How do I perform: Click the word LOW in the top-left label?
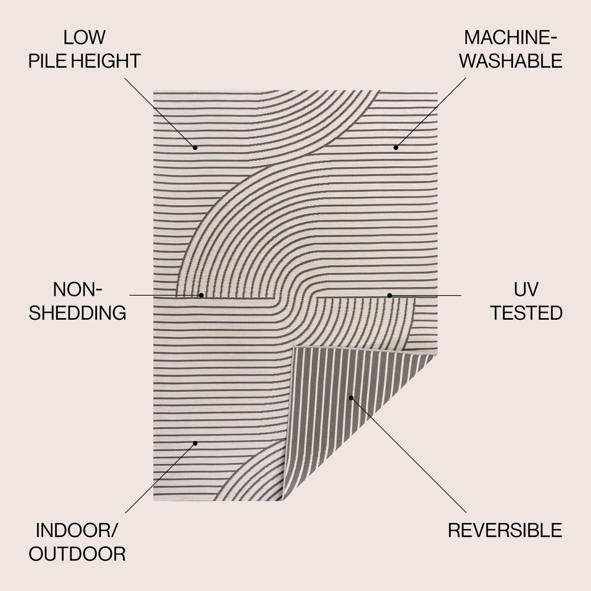click(85, 38)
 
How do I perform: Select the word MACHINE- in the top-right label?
click(511, 38)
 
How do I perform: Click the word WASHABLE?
click(511, 60)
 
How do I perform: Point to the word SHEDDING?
click(77, 313)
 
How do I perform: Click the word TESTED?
click(525, 313)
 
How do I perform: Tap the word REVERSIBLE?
click(505, 530)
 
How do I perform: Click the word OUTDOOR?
click(77, 553)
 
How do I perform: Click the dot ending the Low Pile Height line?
click(195, 147)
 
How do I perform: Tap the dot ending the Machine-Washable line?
click(396, 147)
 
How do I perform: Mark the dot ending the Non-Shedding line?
click(201, 295)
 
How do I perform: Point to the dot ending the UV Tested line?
click(389, 295)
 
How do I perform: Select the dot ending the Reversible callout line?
click(350, 397)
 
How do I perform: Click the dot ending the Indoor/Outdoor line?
click(195, 443)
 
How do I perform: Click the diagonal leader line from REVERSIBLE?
click(408, 455)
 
